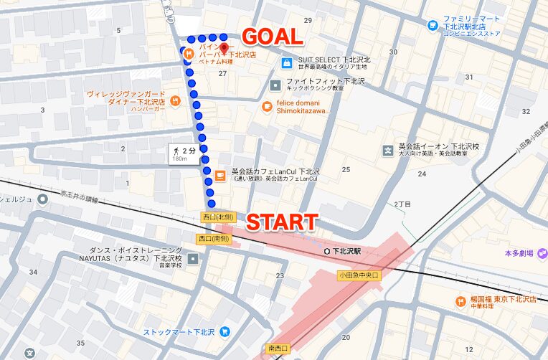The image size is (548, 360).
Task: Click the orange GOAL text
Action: [x=273, y=37]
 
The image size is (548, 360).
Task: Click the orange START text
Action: [x=282, y=222]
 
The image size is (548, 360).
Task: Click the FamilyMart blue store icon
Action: [x=433, y=26]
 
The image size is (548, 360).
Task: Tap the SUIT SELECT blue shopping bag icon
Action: [x=286, y=63]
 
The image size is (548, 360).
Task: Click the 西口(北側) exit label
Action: [x=217, y=217]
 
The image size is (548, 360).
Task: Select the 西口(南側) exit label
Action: [x=212, y=239]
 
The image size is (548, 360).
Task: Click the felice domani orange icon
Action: [x=267, y=106]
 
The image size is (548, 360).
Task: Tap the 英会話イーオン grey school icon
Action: [x=389, y=151]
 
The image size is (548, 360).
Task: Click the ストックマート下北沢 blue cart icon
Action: [x=225, y=332]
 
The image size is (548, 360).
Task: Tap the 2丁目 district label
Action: [x=402, y=204]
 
